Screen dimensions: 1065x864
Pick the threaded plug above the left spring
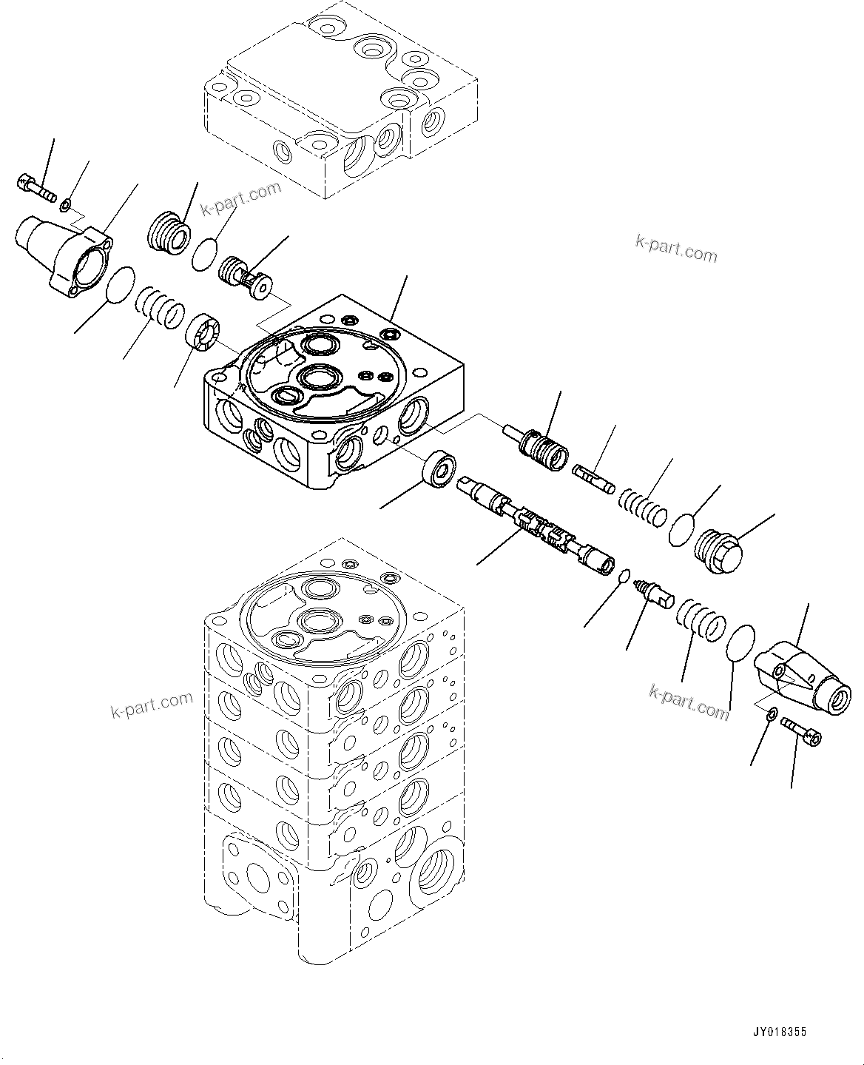coord(166,232)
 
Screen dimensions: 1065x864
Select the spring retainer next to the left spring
coord(203,331)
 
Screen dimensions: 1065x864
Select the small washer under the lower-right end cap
coord(771,713)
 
